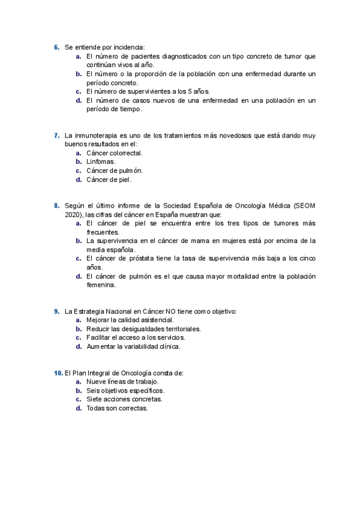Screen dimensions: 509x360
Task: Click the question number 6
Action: click(56, 47)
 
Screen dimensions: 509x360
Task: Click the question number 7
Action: click(56, 135)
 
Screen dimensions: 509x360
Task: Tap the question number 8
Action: click(56, 205)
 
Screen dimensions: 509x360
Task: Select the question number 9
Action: click(56, 311)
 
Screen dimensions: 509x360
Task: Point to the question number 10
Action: click(58, 373)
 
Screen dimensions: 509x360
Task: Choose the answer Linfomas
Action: click(101, 161)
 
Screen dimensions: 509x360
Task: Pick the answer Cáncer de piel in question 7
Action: click(109, 179)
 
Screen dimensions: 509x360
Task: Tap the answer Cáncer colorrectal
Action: click(115, 153)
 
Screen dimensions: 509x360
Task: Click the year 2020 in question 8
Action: click(73, 214)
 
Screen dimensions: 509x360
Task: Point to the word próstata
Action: click(143, 258)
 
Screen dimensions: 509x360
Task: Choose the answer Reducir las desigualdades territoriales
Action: click(143, 329)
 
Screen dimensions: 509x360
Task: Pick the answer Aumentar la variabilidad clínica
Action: click(133, 346)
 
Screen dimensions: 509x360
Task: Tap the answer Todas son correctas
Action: click(117, 408)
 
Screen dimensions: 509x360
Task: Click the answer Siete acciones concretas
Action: click(124, 399)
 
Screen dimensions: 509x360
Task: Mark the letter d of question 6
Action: click(79, 100)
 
